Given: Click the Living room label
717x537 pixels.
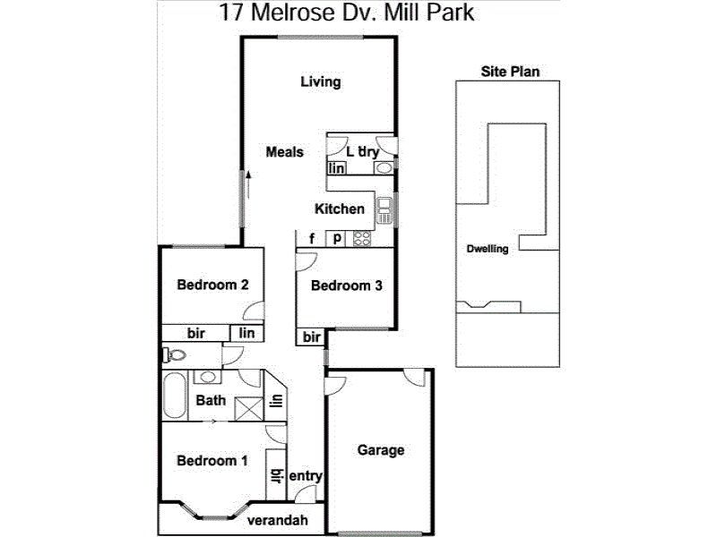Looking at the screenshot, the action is point(321,82).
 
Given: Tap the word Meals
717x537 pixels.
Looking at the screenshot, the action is point(284,151).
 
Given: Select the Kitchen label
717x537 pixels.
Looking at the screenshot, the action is point(340,209).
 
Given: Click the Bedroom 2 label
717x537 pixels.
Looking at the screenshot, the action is point(212,285).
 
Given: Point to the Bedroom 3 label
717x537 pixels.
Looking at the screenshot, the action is point(346,286).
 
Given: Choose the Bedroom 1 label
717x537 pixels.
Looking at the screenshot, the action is point(212,461).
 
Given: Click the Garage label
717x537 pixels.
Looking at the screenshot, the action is point(380,450).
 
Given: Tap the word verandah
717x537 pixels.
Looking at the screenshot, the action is point(278,520).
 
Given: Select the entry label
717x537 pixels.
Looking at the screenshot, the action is point(306,476).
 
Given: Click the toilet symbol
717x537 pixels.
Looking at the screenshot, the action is point(174,354).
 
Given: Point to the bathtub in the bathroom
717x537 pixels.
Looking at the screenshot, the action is point(175,396).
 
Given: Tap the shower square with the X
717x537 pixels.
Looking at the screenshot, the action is point(249,409).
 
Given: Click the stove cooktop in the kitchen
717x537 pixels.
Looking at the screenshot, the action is point(362,238).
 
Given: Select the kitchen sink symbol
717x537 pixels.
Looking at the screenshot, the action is point(384,210).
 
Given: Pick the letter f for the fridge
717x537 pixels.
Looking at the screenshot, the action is point(312,238).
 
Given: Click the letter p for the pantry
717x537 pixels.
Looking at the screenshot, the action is point(337,238).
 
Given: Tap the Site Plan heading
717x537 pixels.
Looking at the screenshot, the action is point(510,72).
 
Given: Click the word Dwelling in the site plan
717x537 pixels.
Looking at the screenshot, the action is point(488,249).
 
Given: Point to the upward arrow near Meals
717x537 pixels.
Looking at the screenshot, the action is point(248,184).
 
